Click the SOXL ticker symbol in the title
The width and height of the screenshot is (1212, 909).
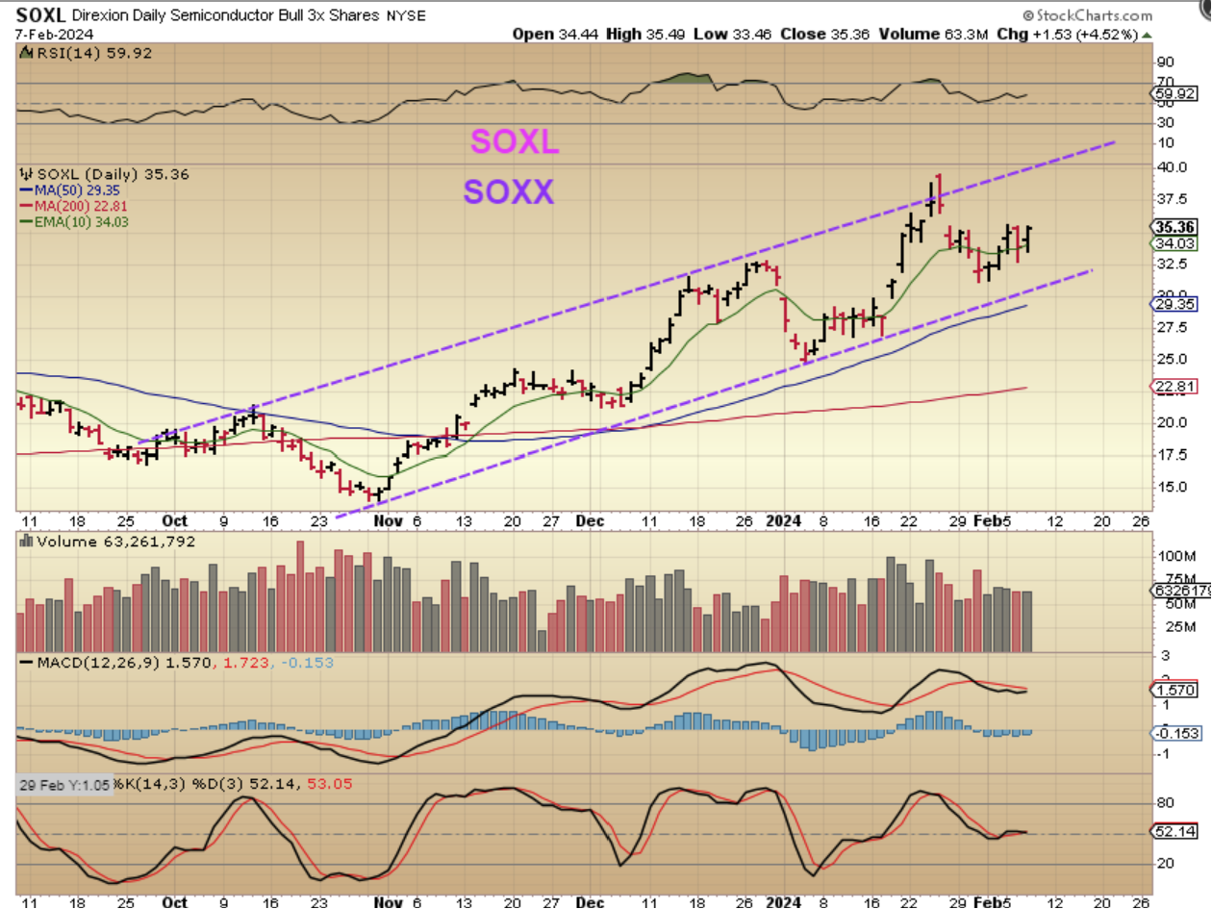pos(39,15)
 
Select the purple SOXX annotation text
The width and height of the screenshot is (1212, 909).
pos(509,192)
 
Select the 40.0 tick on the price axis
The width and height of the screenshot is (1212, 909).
pos(1168,166)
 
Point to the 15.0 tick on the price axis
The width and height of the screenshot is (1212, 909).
pos(1168,486)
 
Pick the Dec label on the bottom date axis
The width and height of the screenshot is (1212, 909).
pos(590,520)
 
